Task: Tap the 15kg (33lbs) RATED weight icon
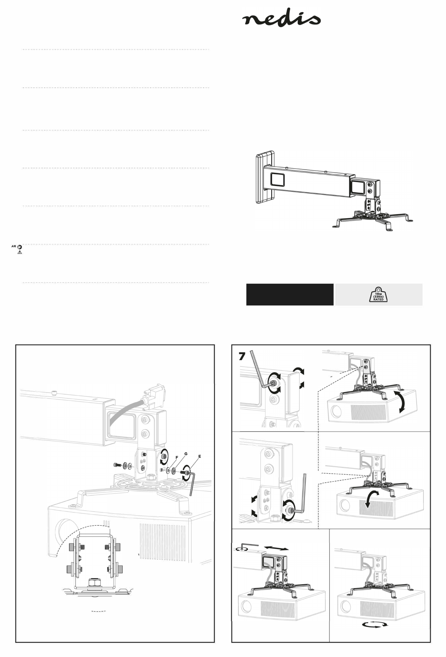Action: pyautogui.click(x=378, y=294)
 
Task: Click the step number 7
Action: pyautogui.click(x=242, y=356)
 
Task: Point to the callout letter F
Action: pyautogui.click(x=177, y=457)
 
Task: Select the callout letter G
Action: pyautogui.click(x=186, y=454)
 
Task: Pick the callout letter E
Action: pyautogui.click(x=200, y=456)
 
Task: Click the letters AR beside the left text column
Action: pyautogui.click(x=14, y=246)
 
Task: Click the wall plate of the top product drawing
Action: pyautogui.click(x=265, y=177)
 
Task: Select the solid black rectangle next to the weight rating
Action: pyautogui.click(x=290, y=294)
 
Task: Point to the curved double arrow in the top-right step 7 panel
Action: pyautogui.click(x=403, y=402)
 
